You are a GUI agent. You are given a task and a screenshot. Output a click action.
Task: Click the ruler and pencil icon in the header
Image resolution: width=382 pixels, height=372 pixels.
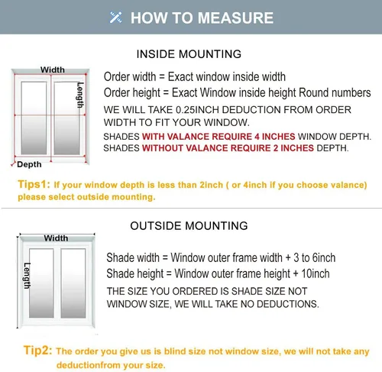(x=115, y=18)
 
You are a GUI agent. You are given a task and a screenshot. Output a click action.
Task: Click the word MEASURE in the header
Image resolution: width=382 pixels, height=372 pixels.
(x=235, y=18)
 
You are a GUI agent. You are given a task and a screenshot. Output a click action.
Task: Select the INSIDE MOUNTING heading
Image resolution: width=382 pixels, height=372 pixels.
(x=189, y=54)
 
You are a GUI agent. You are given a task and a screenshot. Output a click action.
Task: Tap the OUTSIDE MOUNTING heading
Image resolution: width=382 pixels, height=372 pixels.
(x=189, y=225)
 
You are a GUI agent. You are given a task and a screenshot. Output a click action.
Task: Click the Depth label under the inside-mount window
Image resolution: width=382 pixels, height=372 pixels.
(x=29, y=164)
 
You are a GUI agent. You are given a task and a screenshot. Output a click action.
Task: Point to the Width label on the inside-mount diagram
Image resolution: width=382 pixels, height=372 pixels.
(x=53, y=70)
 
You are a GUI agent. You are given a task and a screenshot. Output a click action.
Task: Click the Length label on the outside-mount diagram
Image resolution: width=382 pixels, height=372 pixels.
(x=27, y=276)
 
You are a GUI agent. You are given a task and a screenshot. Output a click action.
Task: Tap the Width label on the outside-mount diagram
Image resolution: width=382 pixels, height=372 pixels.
(x=56, y=238)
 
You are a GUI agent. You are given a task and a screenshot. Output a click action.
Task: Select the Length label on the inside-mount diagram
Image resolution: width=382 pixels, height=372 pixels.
(x=80, y=95)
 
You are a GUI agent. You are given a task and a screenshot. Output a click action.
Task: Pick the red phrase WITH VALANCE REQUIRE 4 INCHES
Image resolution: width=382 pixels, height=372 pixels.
(x=219, y=137)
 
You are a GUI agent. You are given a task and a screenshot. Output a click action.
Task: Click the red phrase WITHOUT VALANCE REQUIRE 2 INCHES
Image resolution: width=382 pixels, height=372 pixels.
(x=228, y=148)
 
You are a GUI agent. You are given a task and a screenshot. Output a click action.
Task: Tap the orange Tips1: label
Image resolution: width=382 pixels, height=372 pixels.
(x=34, y=184)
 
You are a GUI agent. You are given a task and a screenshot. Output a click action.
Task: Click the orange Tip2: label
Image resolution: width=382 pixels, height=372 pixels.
(x=37, y=350)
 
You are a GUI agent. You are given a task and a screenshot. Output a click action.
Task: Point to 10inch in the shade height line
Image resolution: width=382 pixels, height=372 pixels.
(x=316, y=273)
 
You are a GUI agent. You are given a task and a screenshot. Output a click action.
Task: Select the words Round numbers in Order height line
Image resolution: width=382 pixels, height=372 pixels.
(x=335, y=92)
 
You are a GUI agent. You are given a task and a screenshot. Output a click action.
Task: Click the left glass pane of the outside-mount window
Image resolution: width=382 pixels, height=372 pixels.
(x=41, y=283)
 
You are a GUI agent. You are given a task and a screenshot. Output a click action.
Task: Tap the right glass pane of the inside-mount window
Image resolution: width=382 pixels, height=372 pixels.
(x=67, y=118)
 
